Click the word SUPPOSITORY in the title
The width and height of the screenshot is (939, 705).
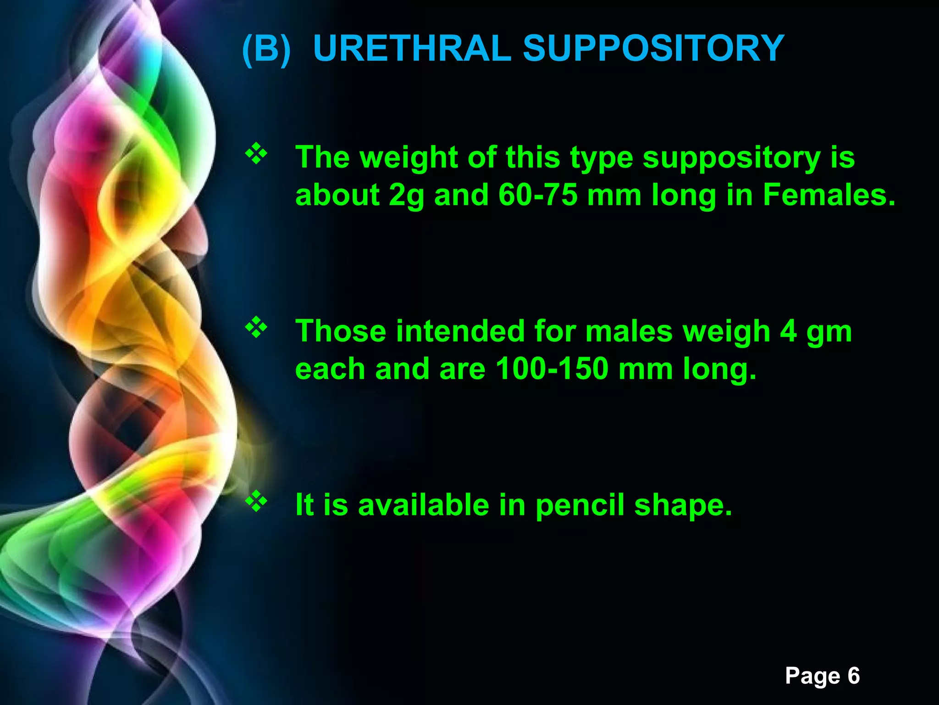click(x=653, y=48)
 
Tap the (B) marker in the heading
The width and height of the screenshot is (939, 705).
click(x=266, y=49)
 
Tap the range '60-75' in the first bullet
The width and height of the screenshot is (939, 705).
click(x=538, y=195)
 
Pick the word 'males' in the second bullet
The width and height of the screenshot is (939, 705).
click(x=629, y=331)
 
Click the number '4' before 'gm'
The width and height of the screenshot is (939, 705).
click(x=788, y=331)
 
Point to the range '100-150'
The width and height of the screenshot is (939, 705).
click(x=552, y=369)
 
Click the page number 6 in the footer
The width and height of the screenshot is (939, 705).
click(x=853, y=676)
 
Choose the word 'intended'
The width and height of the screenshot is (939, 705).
click(x=460, y=331)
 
